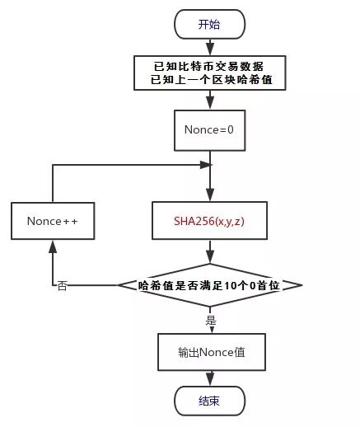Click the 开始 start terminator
[x=210, y=25]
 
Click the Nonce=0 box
[x=210, y=129]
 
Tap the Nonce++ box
[x=52, y=222]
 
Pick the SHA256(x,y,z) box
[x=210, y=221]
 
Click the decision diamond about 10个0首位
[x=210, y=285]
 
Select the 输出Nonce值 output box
[x=210, y=352]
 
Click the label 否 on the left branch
[x=63, y=286]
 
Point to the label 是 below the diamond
[x=211, y=318]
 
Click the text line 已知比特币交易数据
[x=210, y=65]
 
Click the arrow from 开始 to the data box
[x=210, y=46]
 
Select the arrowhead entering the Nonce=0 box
[x=210, y=107]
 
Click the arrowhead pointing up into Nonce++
[x=52, y=246]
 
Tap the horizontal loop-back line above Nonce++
[x=124, y=165]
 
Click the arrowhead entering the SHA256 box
[x=210, y=196]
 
